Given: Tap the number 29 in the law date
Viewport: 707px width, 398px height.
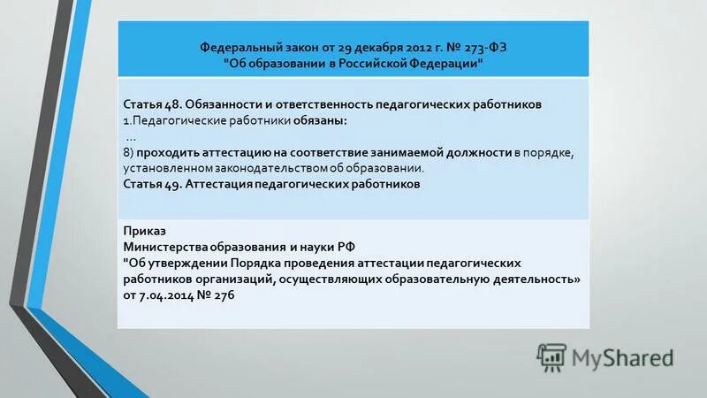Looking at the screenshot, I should (x=333, y=47).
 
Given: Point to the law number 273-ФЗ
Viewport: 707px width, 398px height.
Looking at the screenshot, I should (x=484, y=47).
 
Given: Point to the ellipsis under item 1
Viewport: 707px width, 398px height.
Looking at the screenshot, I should (x=132, y=136).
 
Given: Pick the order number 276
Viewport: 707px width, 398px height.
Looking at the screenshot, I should (x=224, y=295).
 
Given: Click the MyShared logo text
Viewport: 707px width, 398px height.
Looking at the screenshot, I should (x=621, y=357).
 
